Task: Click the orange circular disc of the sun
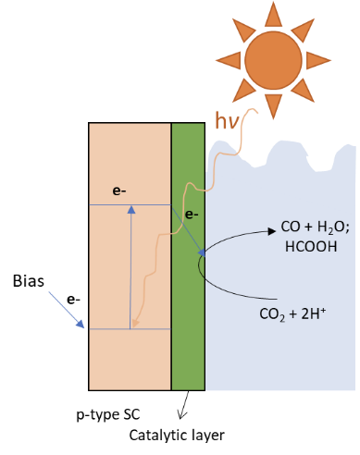273,60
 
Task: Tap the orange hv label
228,121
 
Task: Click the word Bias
29,281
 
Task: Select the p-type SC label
108,415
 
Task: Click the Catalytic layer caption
177,436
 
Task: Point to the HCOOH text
311,247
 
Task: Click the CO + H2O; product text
315,227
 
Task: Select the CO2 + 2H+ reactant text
292,314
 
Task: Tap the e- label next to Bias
73,300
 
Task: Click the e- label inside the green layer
192,215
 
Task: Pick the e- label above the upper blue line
119,191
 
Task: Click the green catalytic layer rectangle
188,256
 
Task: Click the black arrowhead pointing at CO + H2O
272,231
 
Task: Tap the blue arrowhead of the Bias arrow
81,324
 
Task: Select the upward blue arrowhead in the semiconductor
131,210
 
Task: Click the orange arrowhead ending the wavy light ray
135,324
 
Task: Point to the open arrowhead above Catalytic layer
182,414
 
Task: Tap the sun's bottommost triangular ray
273,105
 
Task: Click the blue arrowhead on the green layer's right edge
202,253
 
